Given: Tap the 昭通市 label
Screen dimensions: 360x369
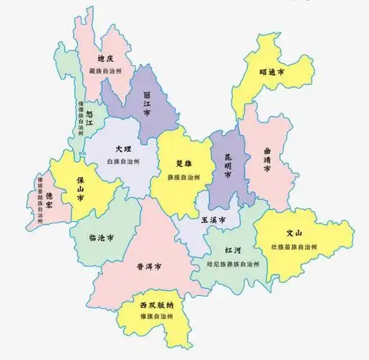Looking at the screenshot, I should pyautogui.click(x=272, y=72).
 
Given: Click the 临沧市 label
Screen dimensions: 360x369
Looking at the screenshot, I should pyautogui.click(x=101, y=237).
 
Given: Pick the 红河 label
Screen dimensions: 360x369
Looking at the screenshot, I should pyautogui.click(x=232, y=249).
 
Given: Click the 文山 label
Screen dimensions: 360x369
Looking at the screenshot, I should pyautogui.click(x=293, y=233).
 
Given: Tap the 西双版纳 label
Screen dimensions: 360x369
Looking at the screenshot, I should pyautogui.click(x=156, y=305).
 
